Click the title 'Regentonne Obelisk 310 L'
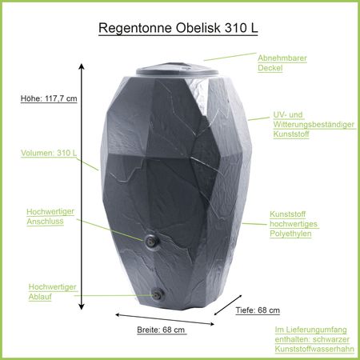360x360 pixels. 178,28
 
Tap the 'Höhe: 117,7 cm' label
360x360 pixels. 49,98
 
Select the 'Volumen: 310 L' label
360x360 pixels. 49,153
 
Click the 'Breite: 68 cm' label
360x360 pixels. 161,330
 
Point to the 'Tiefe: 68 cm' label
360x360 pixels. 258,310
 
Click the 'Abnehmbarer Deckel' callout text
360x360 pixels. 282,63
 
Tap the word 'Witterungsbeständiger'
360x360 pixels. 314,125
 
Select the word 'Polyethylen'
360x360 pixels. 290,234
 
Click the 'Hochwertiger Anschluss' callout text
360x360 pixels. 50,216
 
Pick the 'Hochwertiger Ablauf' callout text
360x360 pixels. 53,292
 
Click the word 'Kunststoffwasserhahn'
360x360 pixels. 314,349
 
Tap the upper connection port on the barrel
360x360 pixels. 151,241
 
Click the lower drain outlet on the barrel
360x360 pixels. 158,294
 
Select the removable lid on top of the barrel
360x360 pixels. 177,70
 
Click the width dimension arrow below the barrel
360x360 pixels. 165,319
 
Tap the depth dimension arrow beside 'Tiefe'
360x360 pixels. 228,305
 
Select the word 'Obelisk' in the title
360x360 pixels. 198,28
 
